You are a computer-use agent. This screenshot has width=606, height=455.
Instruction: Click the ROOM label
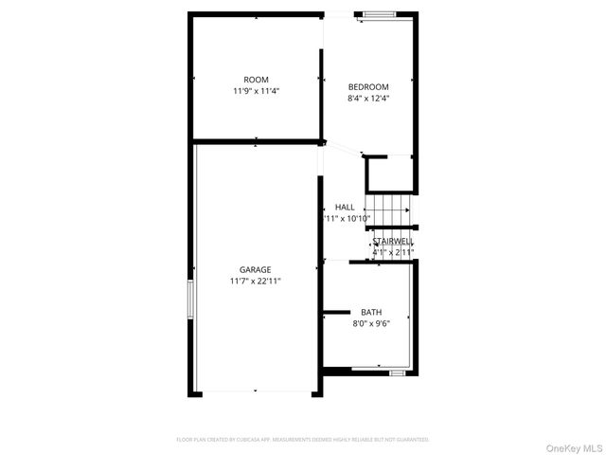[256, 80]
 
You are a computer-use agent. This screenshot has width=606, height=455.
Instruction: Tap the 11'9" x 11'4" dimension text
[256, 91]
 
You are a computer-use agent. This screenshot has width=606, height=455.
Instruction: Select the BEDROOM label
[368, 86]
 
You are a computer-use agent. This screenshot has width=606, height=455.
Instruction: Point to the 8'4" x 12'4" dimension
[368, 98]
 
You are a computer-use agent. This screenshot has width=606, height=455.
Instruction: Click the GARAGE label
[255, 269]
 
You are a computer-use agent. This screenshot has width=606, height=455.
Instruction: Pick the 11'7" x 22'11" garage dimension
[255, 281]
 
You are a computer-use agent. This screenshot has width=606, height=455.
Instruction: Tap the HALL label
[345, 207]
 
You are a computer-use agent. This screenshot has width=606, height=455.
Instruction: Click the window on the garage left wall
[193, 301]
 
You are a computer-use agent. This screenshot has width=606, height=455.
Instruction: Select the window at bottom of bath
[398, 373]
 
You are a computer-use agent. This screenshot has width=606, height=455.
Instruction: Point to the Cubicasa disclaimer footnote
[303, 440]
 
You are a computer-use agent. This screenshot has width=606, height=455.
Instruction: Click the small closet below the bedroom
[390, 173]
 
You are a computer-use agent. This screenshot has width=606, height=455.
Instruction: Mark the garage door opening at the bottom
[256, 391]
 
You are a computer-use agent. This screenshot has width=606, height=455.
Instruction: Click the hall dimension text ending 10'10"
[348, 218]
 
